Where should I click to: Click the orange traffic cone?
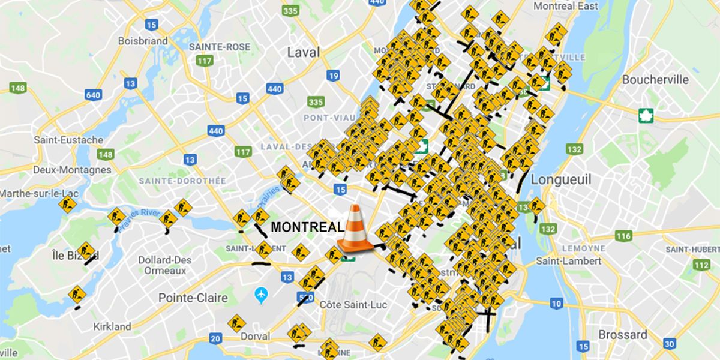pyautogui.click(x=355, y=229)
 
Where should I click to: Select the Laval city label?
pyautogui.click(x=303, y=52)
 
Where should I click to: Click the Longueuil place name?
pyautogui.click(x=561, y=179)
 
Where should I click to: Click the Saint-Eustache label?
pyautogui.click(x=68, y=140)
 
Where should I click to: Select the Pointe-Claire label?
pyautogui.click(x=193, y=298)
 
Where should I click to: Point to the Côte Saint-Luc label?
pyautogui.click(x=353, y=304)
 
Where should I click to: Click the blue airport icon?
pyautogui.click(x=260, y=295)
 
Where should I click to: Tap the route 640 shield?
pyautogui.click(x=93, y=95)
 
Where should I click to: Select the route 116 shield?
pyautogui.click(x=623, y=236)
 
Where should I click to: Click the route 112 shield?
pyautogui.click(x=701, y=265)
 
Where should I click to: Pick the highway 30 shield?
pyautogui.click(x=670, y=343)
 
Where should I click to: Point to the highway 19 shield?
pyautogui.click(x=334, y=76)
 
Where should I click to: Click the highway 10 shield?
pyautogui.click(x=556, y=304)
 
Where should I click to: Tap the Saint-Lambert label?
pyautogui.click(x=568, y=261)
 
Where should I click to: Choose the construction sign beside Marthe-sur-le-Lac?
pyautogui.click(x=67, y=205)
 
